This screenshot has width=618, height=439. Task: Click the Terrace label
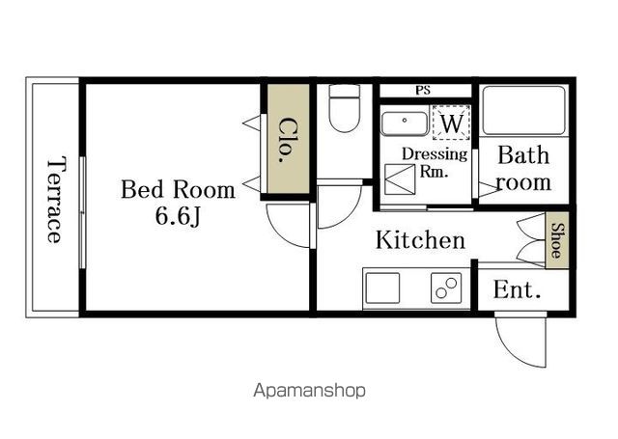click(x=54, y=200)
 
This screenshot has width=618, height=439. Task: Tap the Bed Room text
click(x=178, y=189)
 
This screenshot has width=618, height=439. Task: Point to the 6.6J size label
click(x=178, y=216)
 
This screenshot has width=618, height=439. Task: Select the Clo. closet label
click(x=288, y=140)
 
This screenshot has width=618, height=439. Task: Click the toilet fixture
click(x=345, y=108)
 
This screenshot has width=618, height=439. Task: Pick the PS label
click(x=423, y=91)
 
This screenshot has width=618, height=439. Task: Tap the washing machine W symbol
click(x=451, y=123)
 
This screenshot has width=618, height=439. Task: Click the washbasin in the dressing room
click(x=405, y=123)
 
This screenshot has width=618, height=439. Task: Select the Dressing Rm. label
click(x=435, y=162)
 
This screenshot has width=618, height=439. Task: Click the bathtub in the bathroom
click(x=523, y=111)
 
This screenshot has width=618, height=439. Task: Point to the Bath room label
click(x=523, y=169)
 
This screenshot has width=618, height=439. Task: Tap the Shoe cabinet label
click(x=557, y=240)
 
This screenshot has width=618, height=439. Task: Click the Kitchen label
click(x=421, y=240)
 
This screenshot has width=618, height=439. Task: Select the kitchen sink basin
click(x=382, y=288)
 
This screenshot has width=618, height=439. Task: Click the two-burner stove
click(x=446, y=288)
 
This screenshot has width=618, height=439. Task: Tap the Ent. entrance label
click(x=517, y=289)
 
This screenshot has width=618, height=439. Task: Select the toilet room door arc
click(x=350, y=214)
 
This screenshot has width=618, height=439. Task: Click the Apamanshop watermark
click(x=309, y=391)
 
